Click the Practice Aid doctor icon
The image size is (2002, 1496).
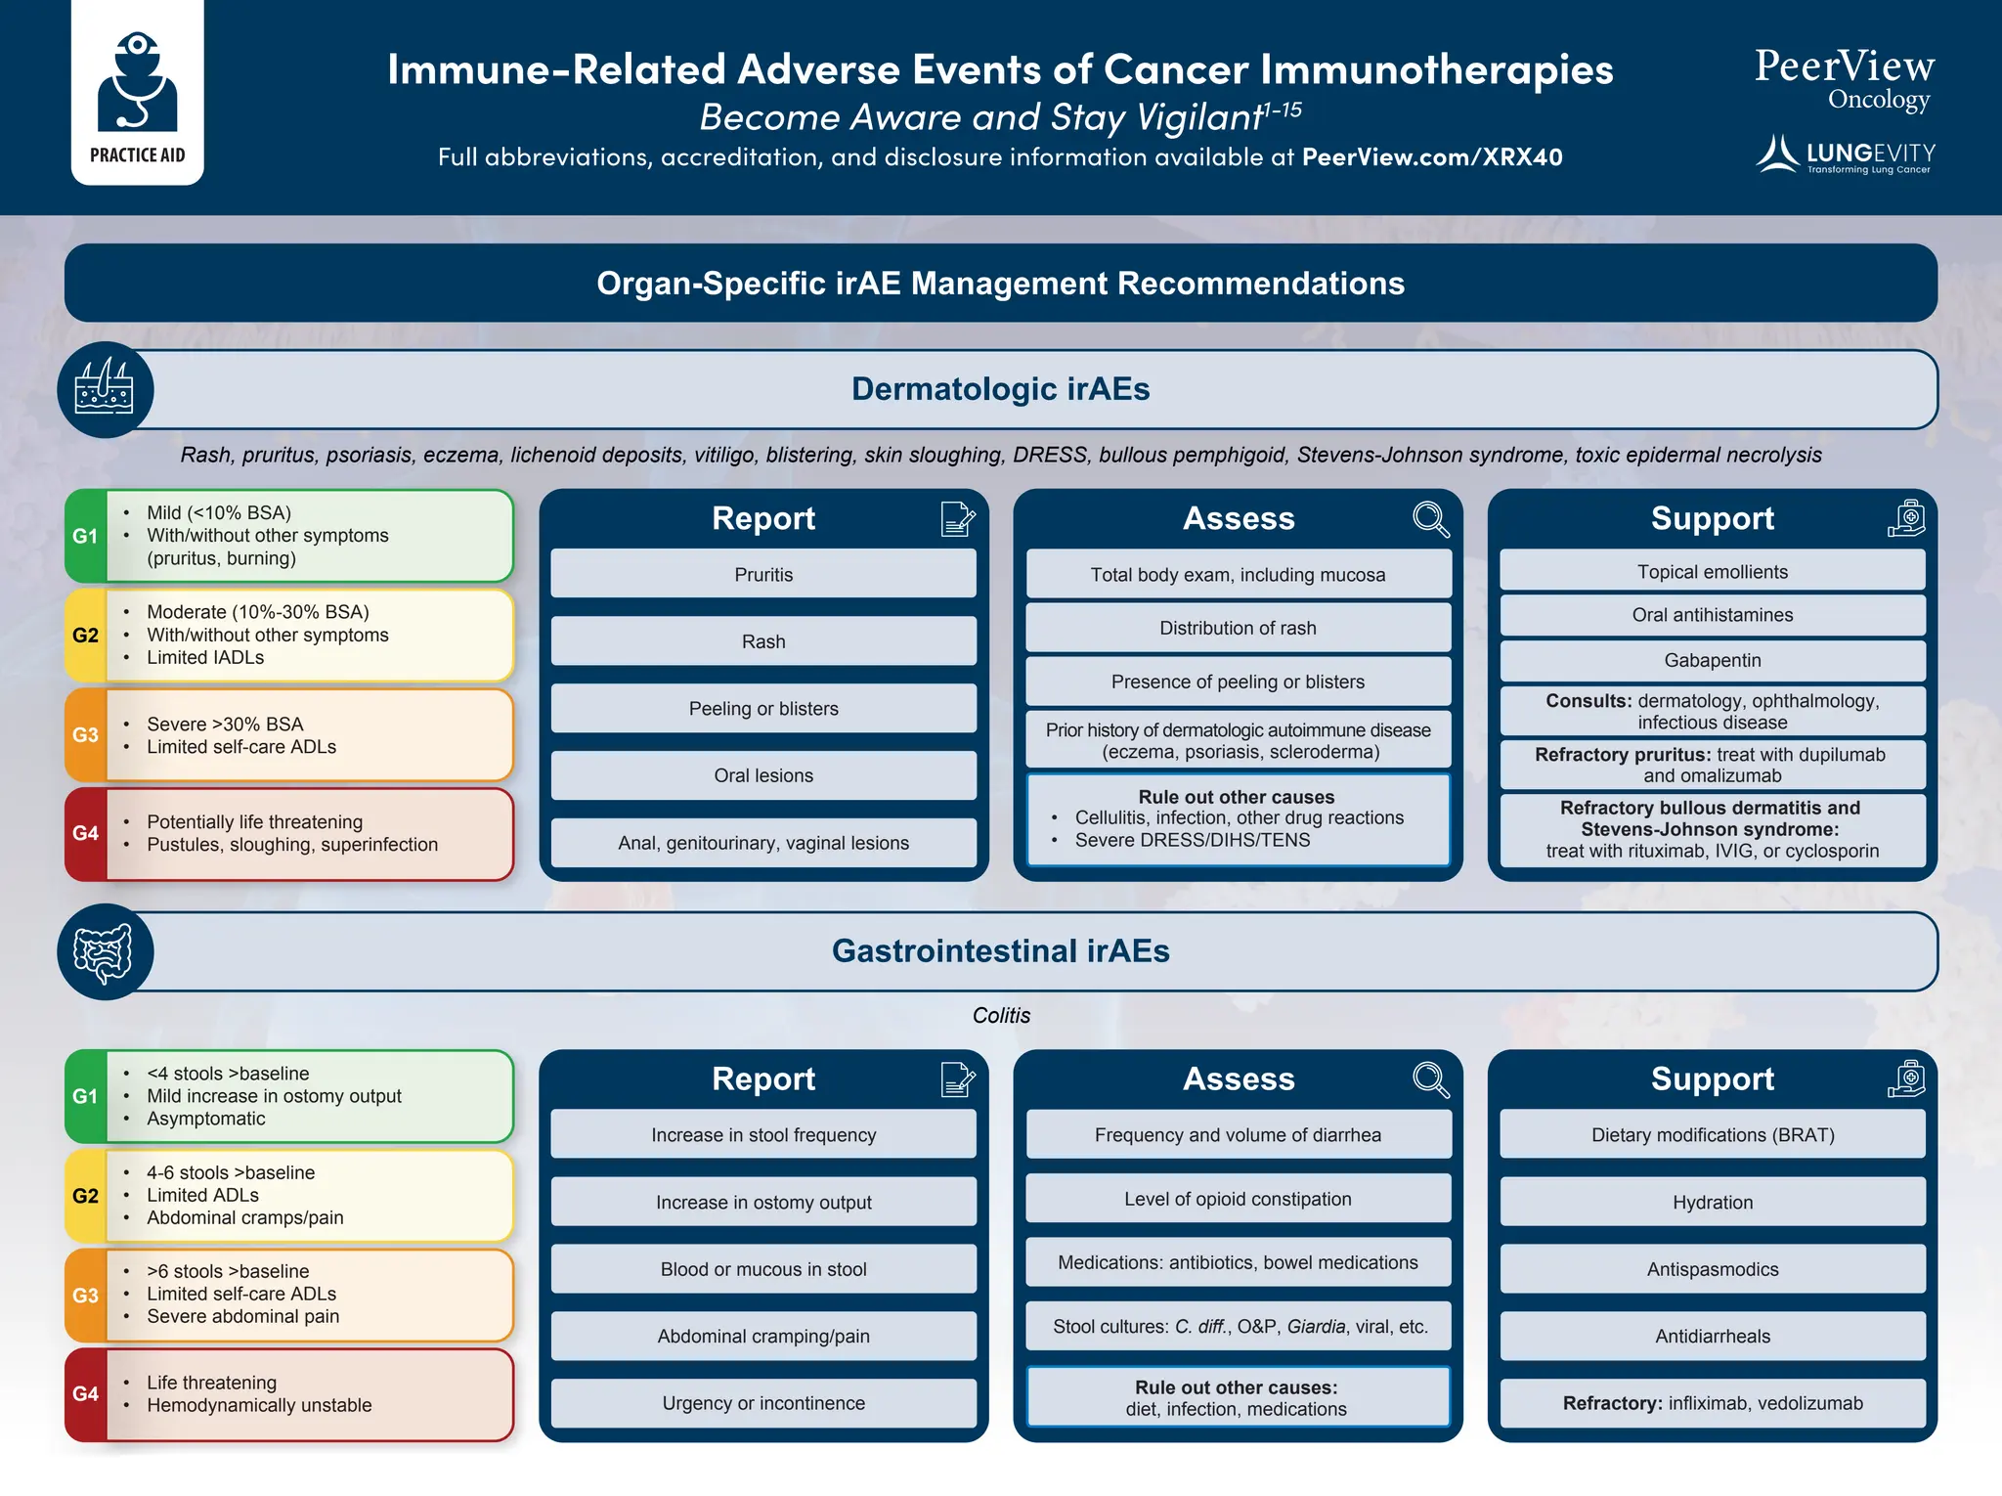coord(137,83)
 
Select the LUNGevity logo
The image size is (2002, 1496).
coord(1845,154)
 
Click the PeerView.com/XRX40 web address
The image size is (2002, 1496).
coord(1432,157)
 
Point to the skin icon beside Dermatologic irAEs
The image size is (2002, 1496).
coord(105,389)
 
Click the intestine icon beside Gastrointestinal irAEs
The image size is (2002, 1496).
coord(105,951)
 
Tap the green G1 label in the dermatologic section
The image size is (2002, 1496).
coord(85,536)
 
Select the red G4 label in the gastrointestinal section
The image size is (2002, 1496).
coord(85,1393)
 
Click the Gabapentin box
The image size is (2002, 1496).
coord(1712,660)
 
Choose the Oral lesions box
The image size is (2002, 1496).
coord(762,775)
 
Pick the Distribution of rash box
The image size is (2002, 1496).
coord(1238,628)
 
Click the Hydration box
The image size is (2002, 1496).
coord(1712,1202)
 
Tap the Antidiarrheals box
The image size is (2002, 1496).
coord(1712,1336)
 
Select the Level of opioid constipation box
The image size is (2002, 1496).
coord(1238,1199)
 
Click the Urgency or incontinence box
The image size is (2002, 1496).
coord(762,1403)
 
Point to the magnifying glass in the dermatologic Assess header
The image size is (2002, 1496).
coord(1430,518)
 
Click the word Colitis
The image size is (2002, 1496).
coord(1001,1016)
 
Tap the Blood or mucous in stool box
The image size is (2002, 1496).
coord(762,1269)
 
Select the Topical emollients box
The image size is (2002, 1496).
coord(1712,572)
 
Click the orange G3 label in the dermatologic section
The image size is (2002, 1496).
coord(85,734)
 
